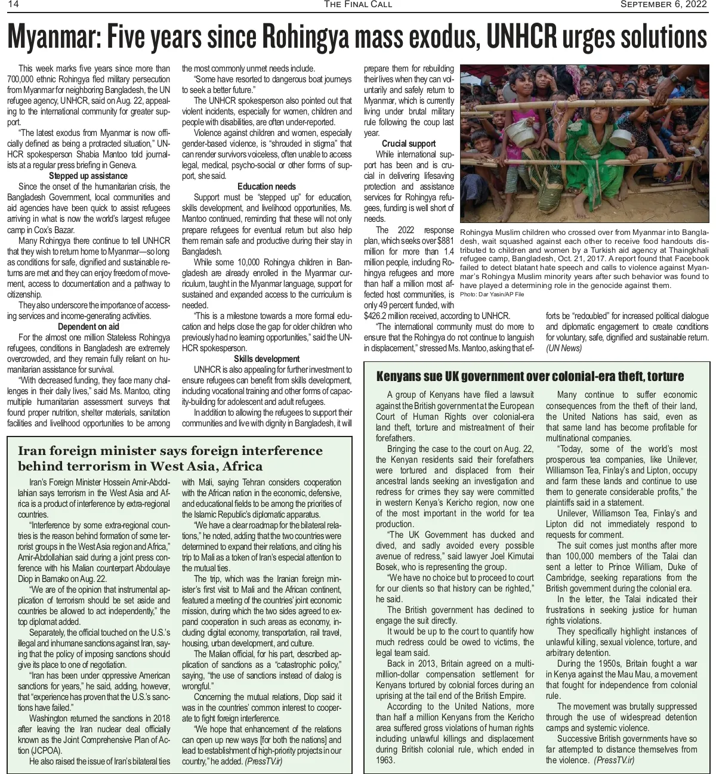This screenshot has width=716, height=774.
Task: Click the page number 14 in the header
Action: click(x=13, y=5)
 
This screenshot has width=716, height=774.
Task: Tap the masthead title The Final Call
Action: click(x=358, y=5)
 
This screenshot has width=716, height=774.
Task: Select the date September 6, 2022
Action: click(x=663, y=5)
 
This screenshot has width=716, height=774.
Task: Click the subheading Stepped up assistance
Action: click(x=88, y=176)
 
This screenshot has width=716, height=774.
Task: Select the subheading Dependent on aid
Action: click(x=88, y=327)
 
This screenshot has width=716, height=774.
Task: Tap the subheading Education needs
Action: click(x=267, y=187)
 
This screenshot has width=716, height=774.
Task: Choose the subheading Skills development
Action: click(x=267, y=359)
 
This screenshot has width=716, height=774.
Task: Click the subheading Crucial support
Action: click(x=409, y=144)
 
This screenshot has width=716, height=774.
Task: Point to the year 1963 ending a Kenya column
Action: click(x=385, y=760)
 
